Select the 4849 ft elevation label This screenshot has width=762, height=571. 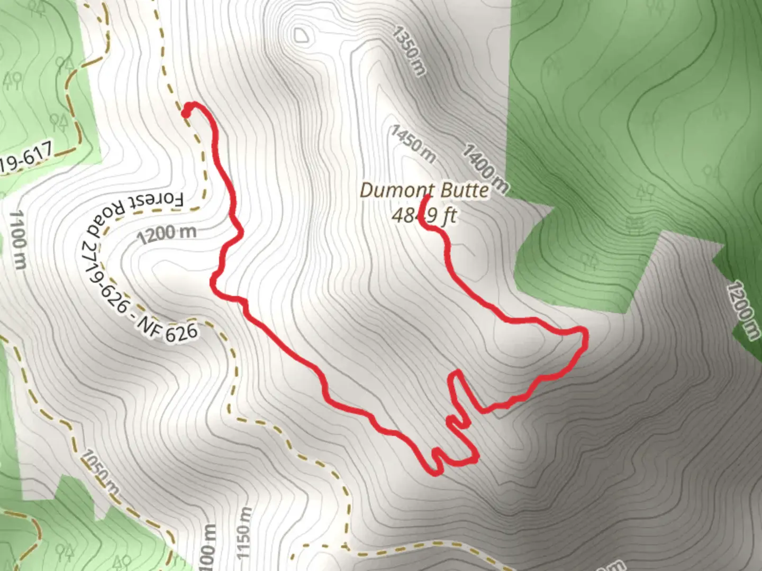pos(424,216)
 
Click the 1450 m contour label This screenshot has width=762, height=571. pos(413,144)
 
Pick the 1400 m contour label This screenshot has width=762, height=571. pos(485,168)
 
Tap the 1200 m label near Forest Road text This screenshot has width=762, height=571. pos(167,233)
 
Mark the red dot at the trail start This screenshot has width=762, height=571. pos(186,112)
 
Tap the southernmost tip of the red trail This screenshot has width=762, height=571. pos(436,472)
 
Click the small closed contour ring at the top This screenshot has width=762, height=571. pos(301,36)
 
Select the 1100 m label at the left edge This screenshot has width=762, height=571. pos(17,239)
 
